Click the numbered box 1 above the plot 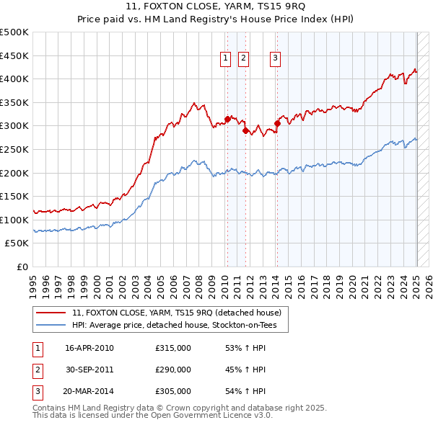coord(225,59)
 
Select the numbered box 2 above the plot coord(243,59)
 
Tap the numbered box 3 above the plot coord(276,59)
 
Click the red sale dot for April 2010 coord(227,119)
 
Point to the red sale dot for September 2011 coord(246,130)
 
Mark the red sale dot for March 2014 coord(277,124)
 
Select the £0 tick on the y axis coord(22,267)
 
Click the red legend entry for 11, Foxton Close coord(180,313)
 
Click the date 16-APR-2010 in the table coord(89,349)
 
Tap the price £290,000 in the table coord(173,370)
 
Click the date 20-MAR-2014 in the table coord(89,392)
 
